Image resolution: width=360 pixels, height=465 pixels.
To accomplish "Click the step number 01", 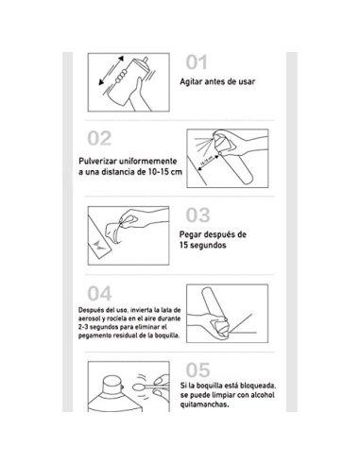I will click(196, 62).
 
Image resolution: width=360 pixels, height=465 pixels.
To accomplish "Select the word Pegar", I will click(194, 236).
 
